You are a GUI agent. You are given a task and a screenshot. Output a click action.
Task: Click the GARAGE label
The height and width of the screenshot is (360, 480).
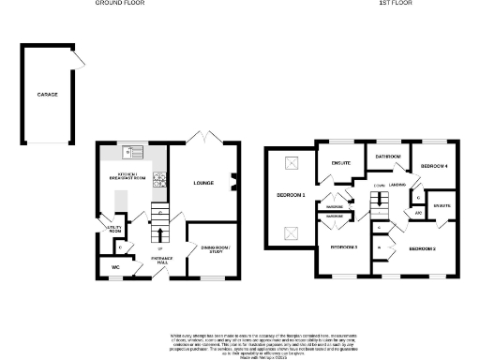point(48,96)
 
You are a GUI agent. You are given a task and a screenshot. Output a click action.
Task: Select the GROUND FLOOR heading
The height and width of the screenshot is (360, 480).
point(120,4)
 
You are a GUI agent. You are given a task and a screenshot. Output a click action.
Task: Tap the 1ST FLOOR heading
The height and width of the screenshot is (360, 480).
point(396,4)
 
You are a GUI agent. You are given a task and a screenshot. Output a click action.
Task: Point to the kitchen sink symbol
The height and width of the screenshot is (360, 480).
point(133,152)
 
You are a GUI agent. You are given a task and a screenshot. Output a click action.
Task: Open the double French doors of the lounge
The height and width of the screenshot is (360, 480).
point(202,138)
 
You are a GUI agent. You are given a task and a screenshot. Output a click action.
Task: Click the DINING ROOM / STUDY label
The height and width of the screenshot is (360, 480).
point(215,248)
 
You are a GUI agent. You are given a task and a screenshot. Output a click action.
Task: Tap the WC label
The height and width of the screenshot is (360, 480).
point(114,267)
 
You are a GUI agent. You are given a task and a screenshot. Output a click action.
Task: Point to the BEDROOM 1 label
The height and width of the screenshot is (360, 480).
point(291,195)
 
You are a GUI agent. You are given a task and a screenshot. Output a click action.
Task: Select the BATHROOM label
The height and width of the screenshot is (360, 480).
point(388,156)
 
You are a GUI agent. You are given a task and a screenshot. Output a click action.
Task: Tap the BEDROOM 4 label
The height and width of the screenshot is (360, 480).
point(434,166)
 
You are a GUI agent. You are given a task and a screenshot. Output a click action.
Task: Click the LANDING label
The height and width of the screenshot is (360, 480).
point(397,186)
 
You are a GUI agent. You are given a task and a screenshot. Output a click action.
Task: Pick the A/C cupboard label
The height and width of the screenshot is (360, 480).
point(418,212)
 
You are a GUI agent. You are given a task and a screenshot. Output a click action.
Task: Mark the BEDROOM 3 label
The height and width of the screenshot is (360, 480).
point(344,247)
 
